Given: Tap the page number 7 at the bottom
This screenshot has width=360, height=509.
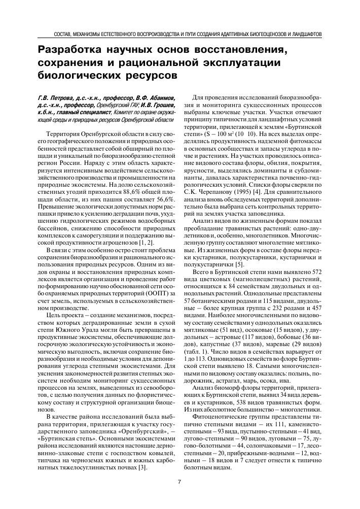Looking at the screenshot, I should coord(179,482).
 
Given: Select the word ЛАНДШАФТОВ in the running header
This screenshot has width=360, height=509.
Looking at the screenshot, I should coord(306,35).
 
